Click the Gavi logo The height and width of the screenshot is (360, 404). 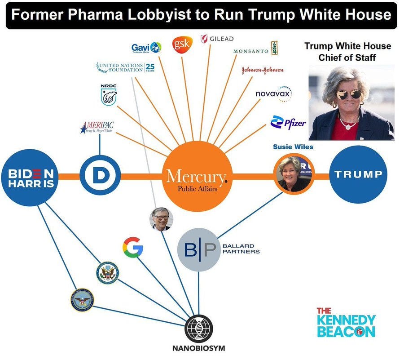146,47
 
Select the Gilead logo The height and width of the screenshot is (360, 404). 217,39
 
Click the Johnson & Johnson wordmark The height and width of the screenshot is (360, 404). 263,71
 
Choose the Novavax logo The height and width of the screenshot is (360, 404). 274,93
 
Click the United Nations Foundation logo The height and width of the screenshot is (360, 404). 126,68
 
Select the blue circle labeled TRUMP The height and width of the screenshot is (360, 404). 359,174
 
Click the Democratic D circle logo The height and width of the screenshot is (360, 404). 100,175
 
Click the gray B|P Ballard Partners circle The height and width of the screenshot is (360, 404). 198,250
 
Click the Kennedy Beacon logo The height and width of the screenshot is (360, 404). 346,322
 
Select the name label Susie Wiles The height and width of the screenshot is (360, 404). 293,147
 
